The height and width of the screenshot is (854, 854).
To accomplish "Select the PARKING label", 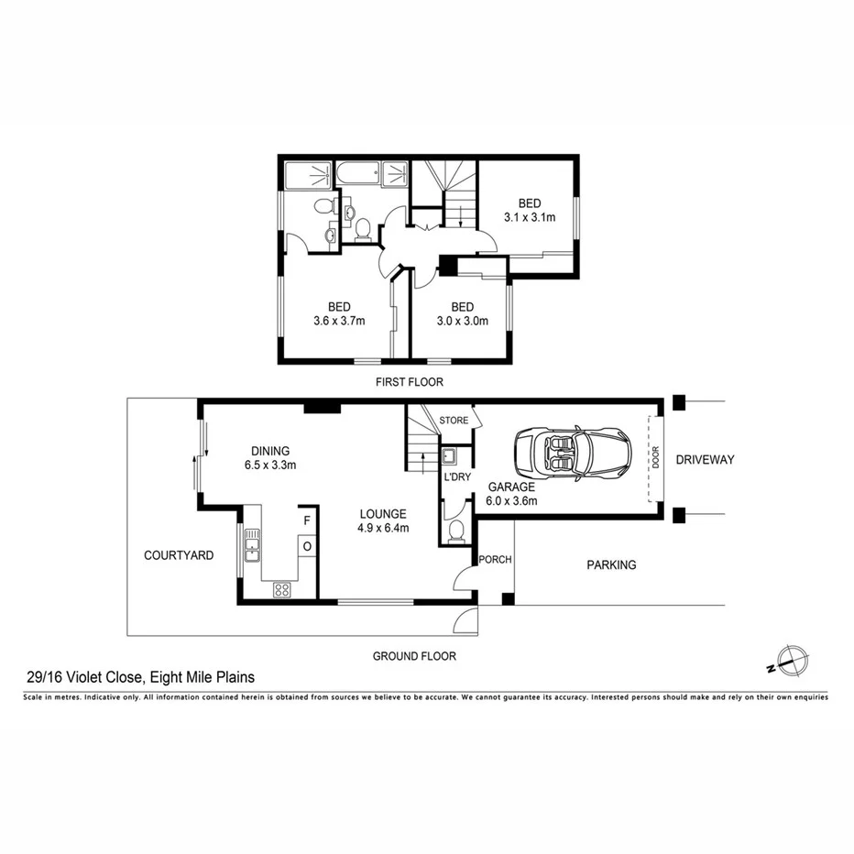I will [x=611, y=565].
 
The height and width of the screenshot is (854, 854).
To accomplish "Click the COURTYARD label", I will [x=179, y=555].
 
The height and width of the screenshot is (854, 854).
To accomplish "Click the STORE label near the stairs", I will [x=454, y=421].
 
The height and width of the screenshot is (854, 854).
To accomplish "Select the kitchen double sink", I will [x=252, y=550].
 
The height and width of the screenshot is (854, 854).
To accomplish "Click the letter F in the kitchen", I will [x=307, y=520].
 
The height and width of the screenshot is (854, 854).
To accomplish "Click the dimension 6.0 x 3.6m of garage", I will [x=512, y=500].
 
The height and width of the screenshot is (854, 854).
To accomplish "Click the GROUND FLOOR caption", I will [x=413, y=656].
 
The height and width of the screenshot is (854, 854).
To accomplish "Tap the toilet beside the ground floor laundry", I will [x=457, y=531].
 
